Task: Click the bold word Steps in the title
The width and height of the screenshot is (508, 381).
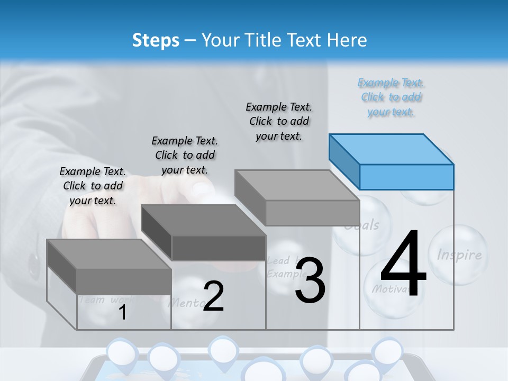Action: pyautogui.click(x=156, y=40)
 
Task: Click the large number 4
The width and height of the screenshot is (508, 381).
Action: pyautogui.click(x=403, y=265)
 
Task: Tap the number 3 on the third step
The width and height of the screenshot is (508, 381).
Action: pyautogui.click(x=310, y=280)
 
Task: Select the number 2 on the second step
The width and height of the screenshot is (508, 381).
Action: pyautogui.click(x=213, y=296)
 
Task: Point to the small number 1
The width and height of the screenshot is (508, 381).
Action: pyautogui.click(x=122, y=313)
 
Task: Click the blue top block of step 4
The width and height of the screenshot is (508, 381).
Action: pyautogui.click(x=392, y=161)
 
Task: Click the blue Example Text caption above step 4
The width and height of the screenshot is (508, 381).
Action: pyautogui.click(x=391, y=97)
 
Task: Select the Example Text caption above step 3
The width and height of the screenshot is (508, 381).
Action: pyautogui.click(x=279, y=121)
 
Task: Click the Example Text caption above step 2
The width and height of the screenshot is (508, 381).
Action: pyautogui.click(x=185, y=155)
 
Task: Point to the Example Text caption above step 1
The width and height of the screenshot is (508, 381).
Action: pyautogui.click(x=93, y=186)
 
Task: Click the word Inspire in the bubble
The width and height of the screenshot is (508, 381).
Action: pyautogui.click(x=459, y=255)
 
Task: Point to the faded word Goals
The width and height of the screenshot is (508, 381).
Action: pyautogui.click(x=362, y=225)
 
